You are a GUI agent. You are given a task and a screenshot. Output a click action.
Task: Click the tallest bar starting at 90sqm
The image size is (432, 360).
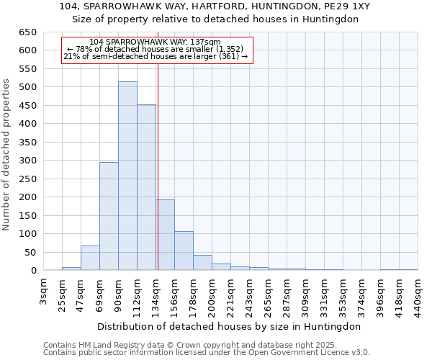coord(127,176)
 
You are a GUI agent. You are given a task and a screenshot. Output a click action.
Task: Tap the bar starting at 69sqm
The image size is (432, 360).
coord(109,216)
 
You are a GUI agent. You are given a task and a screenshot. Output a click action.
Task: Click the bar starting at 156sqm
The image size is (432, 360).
coord(184,251)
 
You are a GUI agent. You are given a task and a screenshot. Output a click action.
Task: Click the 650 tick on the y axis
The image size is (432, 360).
coord(28,32)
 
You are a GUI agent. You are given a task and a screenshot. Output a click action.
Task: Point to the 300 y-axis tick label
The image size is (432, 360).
coord(28,161)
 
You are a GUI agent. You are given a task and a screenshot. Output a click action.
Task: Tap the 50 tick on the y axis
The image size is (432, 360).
coord(30,253)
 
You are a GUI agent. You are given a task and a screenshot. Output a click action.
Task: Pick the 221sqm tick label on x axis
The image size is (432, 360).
coord(231,293)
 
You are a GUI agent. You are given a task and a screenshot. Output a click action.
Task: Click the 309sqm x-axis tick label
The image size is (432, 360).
coord(306,293)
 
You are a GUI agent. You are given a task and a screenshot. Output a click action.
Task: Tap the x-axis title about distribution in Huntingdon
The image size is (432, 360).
coord(227,326)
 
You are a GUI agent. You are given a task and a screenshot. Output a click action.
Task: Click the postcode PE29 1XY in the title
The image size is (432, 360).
coord(346,6)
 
